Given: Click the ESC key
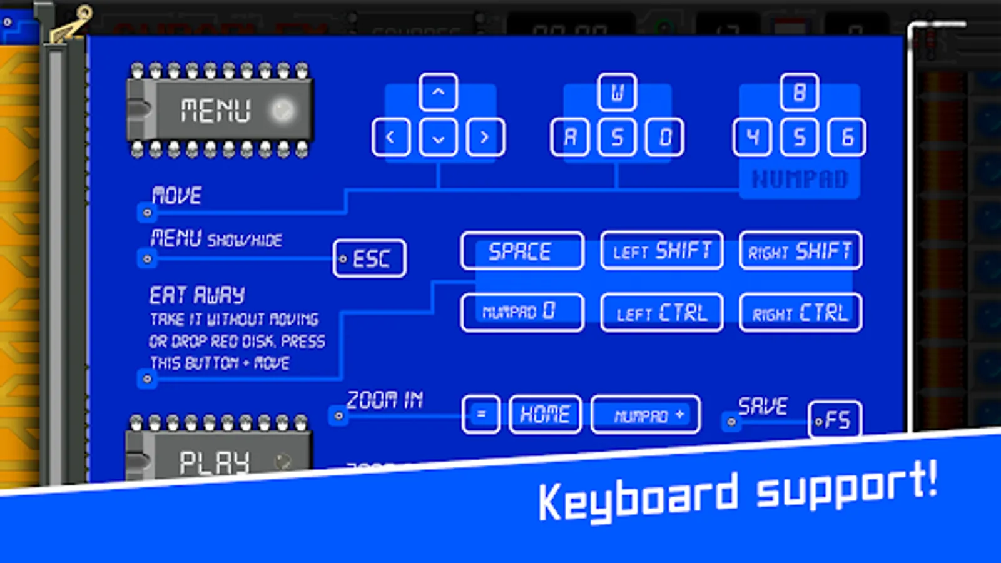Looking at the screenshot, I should [x=370, y=258].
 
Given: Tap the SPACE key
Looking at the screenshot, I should [x=522, y=251].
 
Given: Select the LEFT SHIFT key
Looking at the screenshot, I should [x=661, y=251].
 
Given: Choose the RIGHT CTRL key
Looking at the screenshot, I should [x=800, y=312].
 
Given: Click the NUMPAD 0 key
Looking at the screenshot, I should [x=522, y=312].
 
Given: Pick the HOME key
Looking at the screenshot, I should [x=545, y=414].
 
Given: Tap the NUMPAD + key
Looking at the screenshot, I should [x=646, y=415].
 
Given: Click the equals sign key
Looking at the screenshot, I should [x=481, y=414].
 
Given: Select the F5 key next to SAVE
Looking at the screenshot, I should [x=835, y=420].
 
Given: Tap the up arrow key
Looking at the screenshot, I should [x=438, y=93].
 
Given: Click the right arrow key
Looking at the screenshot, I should [x=485, y=137].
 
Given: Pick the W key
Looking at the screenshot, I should [x=617, y=93].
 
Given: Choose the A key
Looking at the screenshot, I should [x=570, y=137].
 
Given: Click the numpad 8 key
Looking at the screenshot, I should [x=799, y=93].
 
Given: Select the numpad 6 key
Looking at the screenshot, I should [x=846, y=137].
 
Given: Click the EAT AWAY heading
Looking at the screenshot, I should [x=197, y=295].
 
